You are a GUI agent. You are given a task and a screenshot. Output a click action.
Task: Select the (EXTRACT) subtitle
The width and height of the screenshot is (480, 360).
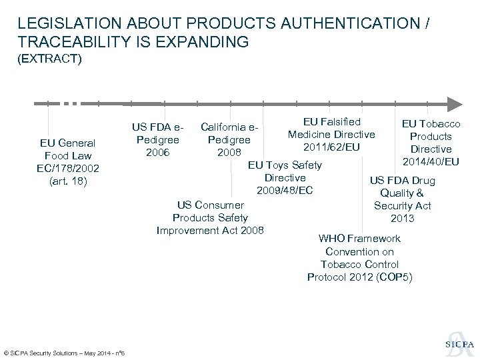tap(50, 60)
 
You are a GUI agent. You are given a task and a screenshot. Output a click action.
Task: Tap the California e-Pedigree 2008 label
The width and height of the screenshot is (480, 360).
tap(229, 139)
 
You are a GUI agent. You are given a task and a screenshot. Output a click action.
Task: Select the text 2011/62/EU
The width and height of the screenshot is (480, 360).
tap(331, 147)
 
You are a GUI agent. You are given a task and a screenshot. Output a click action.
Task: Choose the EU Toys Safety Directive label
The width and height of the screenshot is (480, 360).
tap(285, 171)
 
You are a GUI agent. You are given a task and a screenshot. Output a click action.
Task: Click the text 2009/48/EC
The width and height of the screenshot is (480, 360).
tap(285, 191)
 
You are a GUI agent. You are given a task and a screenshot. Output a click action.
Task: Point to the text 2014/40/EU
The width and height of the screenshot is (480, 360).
tap(431, 162)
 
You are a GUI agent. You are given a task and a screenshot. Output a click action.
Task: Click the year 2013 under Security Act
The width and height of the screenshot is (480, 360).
tap(403, 218)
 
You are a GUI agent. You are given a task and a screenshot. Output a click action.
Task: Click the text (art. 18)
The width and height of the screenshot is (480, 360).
tap(67, 180)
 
